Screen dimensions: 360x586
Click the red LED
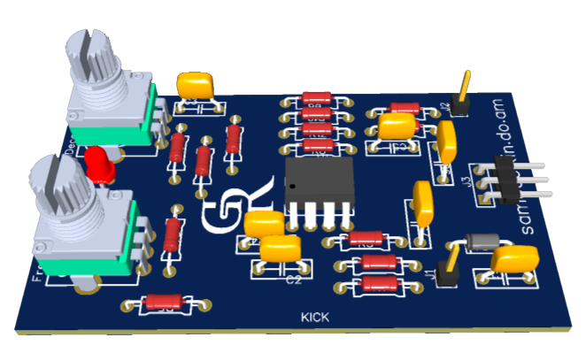click(x=99, y=163)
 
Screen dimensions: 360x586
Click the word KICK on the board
click(x=315, y=317)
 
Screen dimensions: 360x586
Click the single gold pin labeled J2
click(x=462, y=89)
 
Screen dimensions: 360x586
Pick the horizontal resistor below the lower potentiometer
click(x=163, y=303)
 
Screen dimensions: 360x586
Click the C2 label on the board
click(x=295, y=280)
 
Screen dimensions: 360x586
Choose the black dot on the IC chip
click(x=289, y=188)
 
